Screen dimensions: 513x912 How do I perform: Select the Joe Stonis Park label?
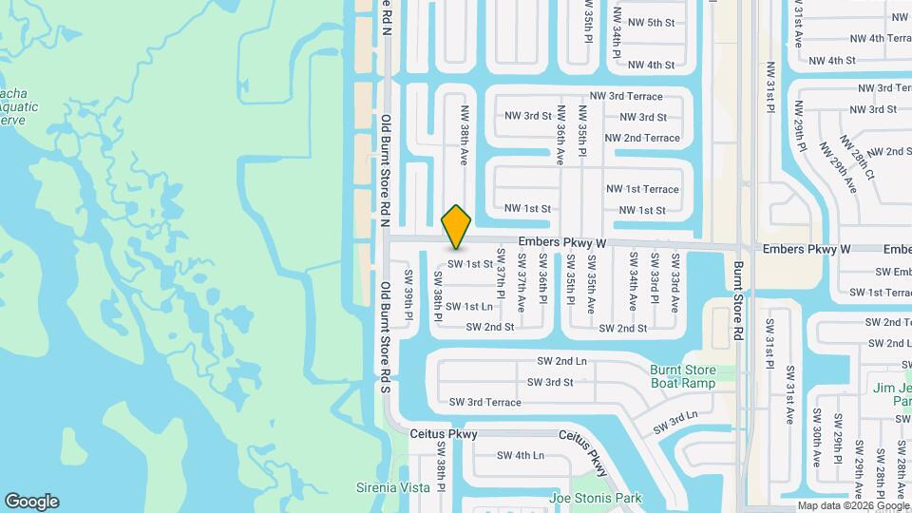click(595, 498)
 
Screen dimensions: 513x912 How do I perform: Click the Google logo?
click(31, 502)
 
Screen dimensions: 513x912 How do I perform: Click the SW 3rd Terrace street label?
click(484, 402)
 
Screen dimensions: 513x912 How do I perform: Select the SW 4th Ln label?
click(521, 455)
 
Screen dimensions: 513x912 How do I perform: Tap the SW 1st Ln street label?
click(469, 306)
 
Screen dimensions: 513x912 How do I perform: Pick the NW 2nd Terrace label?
click(642, 138)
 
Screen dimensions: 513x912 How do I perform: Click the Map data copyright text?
click(853, 505)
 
